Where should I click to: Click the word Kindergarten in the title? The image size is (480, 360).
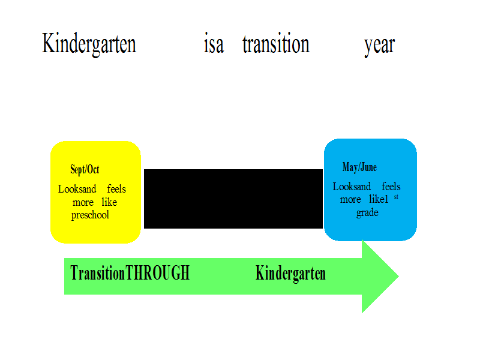tap(89, 44)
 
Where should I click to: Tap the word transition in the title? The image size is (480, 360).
tap(276, 43)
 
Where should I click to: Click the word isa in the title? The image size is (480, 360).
tap(214, 43)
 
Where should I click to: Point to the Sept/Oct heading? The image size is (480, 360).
tap(85, 169)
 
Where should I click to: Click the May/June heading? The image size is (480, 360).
tap(359, 167)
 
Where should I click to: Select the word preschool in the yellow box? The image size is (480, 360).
tap(90, 215)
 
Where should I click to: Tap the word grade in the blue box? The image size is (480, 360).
tap(367, 213)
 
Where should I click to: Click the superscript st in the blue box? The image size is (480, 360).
tap(397, 197)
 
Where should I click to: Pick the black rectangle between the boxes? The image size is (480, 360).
tap(233, 199)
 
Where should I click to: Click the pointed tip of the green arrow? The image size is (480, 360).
tap(398, 276)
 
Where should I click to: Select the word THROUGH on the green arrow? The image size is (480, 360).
tap(158, 273)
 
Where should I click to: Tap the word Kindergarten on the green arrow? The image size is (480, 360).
tap(290, 274)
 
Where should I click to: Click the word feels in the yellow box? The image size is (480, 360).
tap(116, 189)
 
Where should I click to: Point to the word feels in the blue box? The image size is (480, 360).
tap(391, 187)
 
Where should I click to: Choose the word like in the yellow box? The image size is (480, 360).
tap(109, 202)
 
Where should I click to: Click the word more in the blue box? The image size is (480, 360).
tap(350, 200)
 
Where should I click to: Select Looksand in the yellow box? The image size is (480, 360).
tap(77, 189)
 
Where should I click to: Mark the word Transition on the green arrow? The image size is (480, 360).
tap(98, 273)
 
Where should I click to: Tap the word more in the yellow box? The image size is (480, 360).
tap(83, 203)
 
